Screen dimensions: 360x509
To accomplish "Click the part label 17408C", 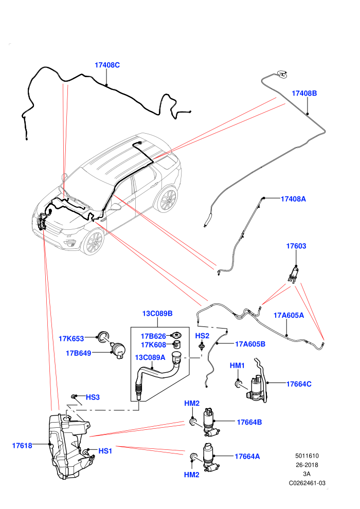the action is tap(107, 65).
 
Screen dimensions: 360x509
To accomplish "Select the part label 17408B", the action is tap(304, 93).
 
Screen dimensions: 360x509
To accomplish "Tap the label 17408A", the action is tap(293, 199).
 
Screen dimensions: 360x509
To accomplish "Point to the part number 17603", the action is tap(296, 246).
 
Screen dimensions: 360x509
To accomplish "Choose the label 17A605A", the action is tap(289, 315).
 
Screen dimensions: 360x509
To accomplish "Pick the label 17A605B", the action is tap(250, 344).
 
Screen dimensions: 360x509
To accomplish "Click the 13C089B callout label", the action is tap(157, 314).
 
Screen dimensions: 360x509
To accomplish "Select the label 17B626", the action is tap(153, 336).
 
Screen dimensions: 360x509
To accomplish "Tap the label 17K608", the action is tap(153, 345).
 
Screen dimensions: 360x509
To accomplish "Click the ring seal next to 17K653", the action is tap(103, 337).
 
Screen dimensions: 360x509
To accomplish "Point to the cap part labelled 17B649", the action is tap(118, 351).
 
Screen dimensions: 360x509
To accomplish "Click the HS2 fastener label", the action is tap(202, 336).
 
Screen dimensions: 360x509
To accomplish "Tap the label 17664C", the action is tap(299, 384).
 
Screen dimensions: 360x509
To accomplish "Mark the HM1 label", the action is tap(237, 366).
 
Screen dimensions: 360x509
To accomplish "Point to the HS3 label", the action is tap(93, 397).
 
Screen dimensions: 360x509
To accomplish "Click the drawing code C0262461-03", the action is tap(307, 483).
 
